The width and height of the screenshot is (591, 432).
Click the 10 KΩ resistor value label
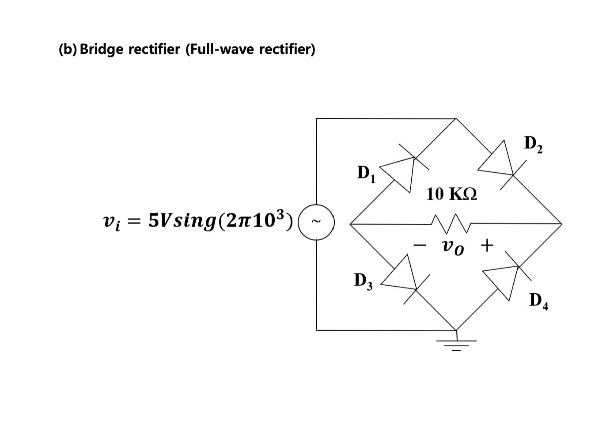tap(451, 193)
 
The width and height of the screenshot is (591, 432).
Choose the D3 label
tap(363, 281)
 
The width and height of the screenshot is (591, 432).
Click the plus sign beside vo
tap(486, 245)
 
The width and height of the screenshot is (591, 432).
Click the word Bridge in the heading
tap(101, 49)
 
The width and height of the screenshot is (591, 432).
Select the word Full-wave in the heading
tap(220, 49)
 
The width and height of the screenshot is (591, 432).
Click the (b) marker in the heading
tap(67, 49)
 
